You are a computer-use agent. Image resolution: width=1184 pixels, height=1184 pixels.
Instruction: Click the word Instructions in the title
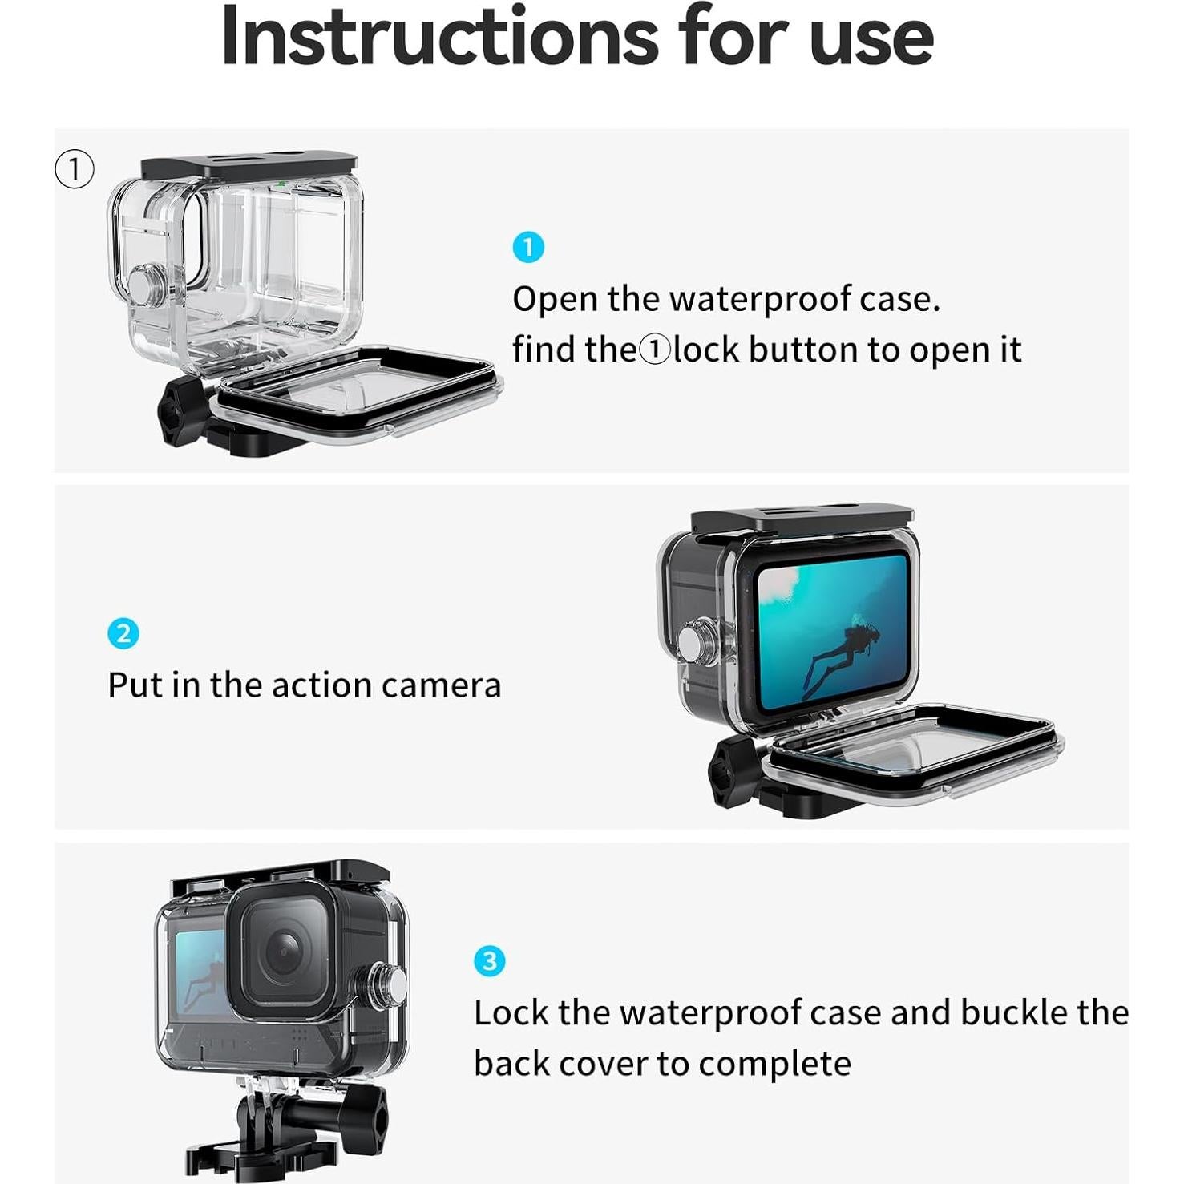tap(439, 38)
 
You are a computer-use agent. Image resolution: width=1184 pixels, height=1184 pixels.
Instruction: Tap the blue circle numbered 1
tap(528, 247)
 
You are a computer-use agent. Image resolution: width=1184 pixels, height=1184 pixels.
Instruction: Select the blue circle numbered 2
tap(123, 633)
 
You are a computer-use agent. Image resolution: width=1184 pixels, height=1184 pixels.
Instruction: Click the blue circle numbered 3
tap(489, 960)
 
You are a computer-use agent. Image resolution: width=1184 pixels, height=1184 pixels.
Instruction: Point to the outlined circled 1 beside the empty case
tap(75, 169)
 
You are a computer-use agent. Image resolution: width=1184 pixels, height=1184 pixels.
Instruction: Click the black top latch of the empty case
tap(249, 166)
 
